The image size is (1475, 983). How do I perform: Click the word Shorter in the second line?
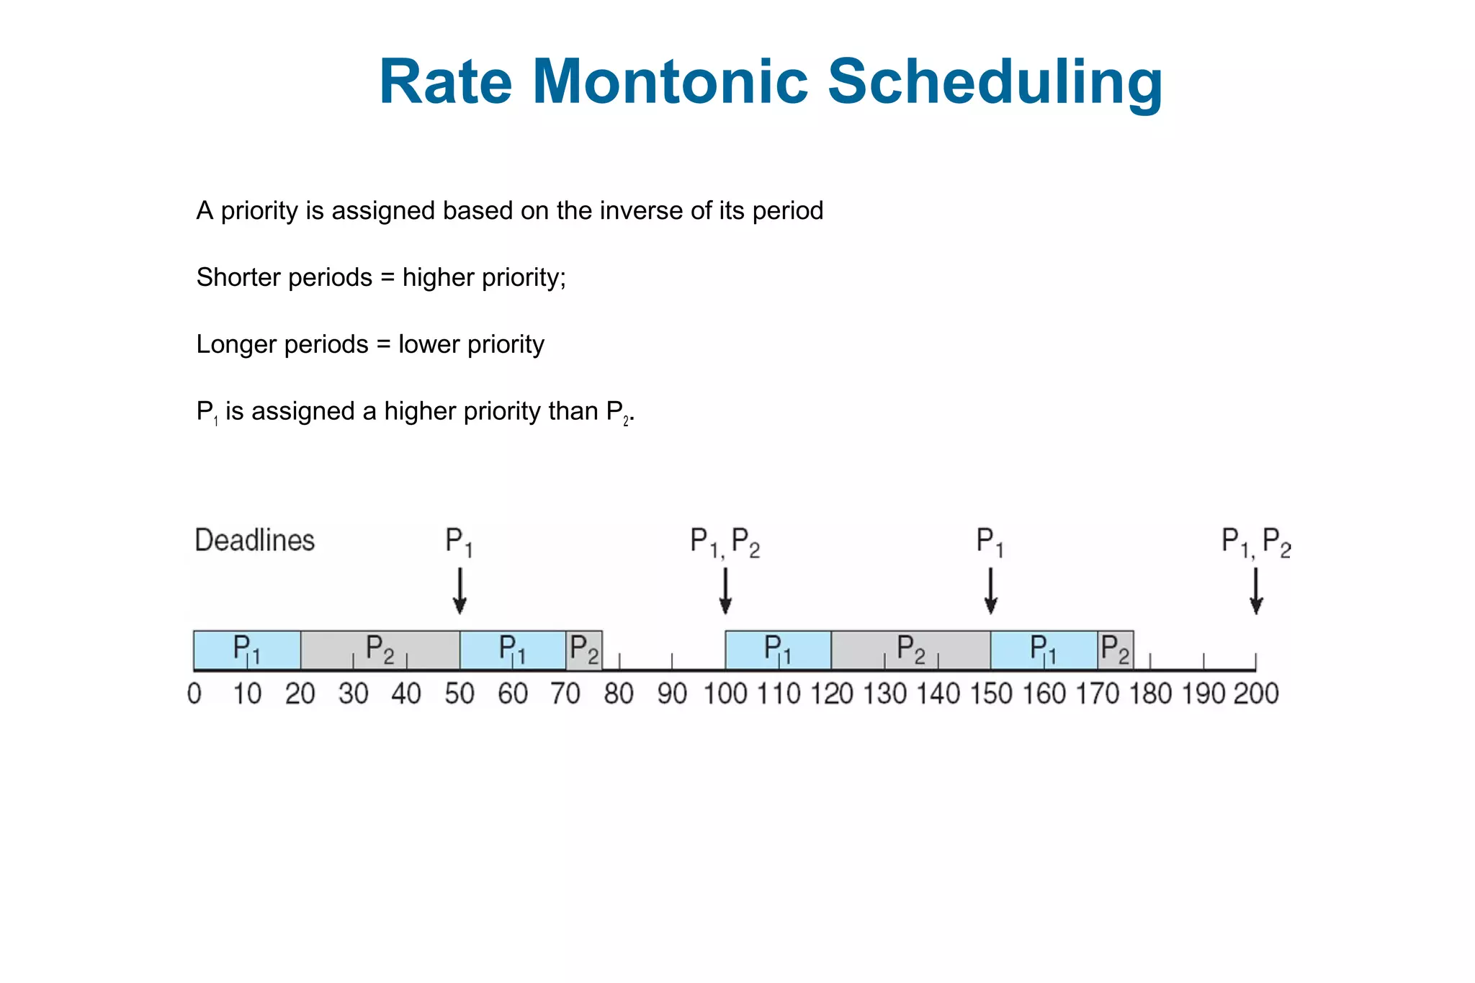(238, 277)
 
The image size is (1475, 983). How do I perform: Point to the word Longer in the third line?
(235, 344)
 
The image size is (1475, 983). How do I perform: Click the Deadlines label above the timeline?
(255, 540)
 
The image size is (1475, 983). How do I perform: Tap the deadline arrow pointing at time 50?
(459, 591)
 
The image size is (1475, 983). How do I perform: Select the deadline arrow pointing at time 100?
(725, 591)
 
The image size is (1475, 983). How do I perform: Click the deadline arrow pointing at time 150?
(990, 591)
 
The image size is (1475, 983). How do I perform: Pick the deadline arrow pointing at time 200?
(1256, 591)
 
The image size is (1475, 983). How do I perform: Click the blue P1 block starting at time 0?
(247, 650)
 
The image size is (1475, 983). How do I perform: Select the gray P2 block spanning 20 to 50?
(380, 650)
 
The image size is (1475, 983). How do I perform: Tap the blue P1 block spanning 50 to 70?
(513, 650)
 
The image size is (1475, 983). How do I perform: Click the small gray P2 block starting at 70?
(584, 650)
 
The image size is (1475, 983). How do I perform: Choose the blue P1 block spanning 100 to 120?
(779, 650)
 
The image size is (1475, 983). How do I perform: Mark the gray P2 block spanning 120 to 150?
(911, 650)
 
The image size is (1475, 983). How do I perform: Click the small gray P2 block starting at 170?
(1116, 650)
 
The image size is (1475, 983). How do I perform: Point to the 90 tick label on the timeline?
(672, 694)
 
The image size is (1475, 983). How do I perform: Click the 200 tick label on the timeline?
(1257, 694)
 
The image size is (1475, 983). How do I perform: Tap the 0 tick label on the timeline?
(194, 694)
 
